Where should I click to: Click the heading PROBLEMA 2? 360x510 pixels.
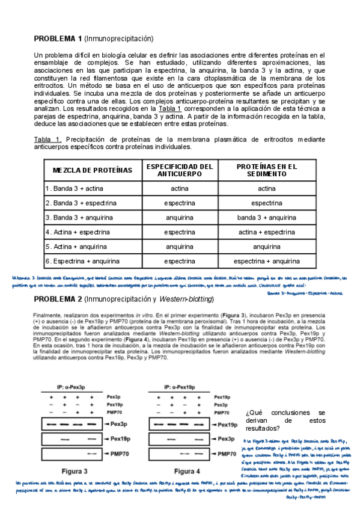pyautogui.click(x=58, y=300)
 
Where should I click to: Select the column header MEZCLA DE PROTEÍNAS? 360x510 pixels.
pyautogui.click(x=88, y=170)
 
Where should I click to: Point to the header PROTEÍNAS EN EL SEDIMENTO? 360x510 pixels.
pyautogui.click(x=267, y=170)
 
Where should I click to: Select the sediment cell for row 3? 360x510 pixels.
pyautogui.click(x=267, y=218)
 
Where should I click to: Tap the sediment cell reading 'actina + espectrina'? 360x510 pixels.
pyautogui.click(x=267, y=232)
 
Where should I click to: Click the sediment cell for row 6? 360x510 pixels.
pyautogui.click(x=267, y=262)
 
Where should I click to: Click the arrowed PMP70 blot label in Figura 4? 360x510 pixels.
pyautogui.click(x=225, y=453)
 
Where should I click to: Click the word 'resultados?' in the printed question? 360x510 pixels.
pyautogui.click(x=263, y=428)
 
